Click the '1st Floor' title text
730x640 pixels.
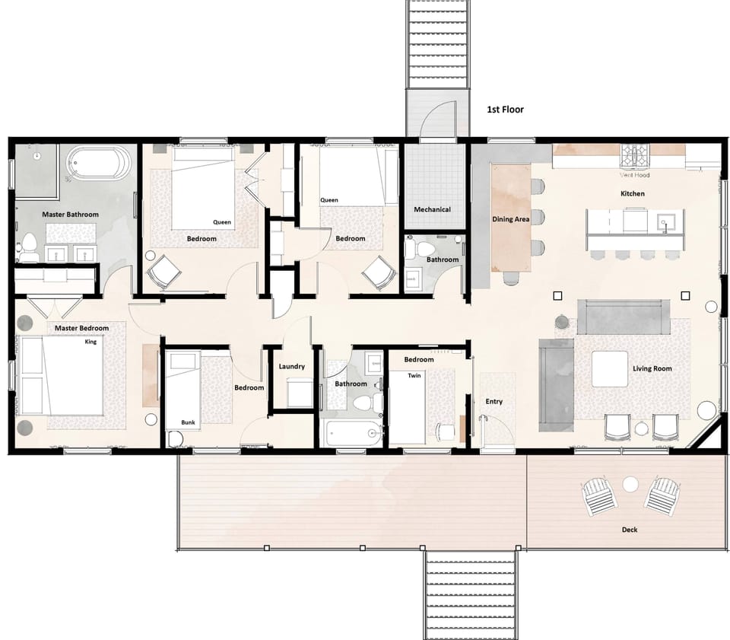tap(505, 110)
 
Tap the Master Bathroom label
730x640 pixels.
tap(70, 215)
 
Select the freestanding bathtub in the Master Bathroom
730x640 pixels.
tap(99, 164)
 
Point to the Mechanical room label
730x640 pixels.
tap(432, 209)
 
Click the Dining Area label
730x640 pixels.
tap(511, 220)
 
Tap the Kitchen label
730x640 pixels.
tap(632, 194)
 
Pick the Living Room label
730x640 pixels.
tap(652, 369)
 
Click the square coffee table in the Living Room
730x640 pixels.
tap(610, 369)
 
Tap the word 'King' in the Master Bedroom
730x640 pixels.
tap(91, 342)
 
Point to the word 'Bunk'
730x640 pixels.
tap(188, 422)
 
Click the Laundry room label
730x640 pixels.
tap(291, 367)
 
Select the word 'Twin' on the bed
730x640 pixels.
tap(414, 376)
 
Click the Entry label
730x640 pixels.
tap(494, 402)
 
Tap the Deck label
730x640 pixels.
tap(629, 530)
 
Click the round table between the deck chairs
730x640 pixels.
tap(630, 483)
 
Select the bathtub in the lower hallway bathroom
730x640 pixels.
tap(351, 434)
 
